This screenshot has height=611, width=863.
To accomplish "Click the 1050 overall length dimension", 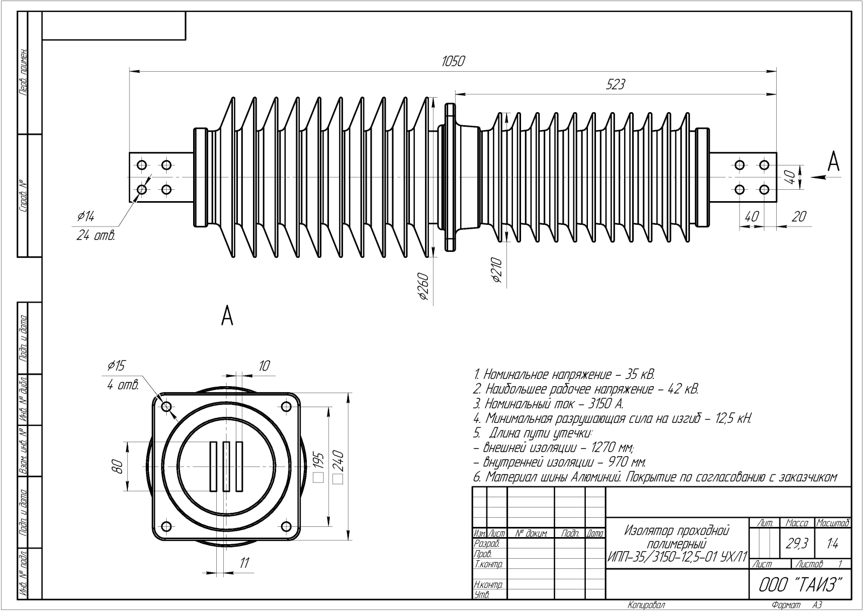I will (453, 61).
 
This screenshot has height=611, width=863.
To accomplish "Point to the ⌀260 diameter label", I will (423, 286).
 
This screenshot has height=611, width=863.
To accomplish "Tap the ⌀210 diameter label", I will (497, 271).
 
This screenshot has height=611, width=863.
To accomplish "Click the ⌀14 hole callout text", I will (86, 217).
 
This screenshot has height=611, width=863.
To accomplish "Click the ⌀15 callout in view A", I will (115, 366).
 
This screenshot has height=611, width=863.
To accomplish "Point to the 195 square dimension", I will (318, 465).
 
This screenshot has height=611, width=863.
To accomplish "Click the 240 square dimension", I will (339, 465).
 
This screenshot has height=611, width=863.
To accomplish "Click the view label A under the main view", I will (227, 316).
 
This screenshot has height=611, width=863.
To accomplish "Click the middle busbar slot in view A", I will (226, 466).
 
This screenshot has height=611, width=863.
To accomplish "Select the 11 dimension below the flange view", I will (244, 563).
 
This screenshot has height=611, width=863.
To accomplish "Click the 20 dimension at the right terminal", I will (799, 216).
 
